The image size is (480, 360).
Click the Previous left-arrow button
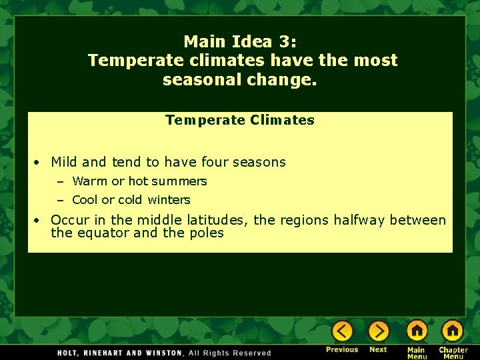click(x=342, y=331)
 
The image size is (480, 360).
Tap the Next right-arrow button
click(x=378, y=331)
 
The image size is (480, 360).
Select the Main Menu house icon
click(x=417, y=330)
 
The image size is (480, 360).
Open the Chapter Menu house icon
click(x=452, y=330)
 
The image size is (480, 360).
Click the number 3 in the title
click(x=285, y=41)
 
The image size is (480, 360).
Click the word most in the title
click(x=375, y=60)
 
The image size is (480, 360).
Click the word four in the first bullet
click(x=214, y=162)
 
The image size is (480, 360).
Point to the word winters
click(x=169, y=200)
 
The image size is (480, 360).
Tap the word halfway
click(x=359, y=220)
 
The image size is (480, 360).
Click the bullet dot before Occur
click(x=38, y=221)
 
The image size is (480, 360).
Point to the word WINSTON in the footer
click(x=159, y=353)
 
